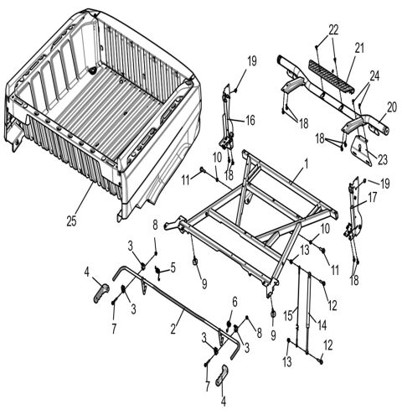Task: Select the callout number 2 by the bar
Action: click(x=174, y=324)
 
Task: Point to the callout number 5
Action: click(x=173, y=267)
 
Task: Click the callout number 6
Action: click(x=234, y=302)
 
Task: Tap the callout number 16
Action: click(x=249, y=120)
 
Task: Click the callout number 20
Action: click(x=389, y=108)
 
